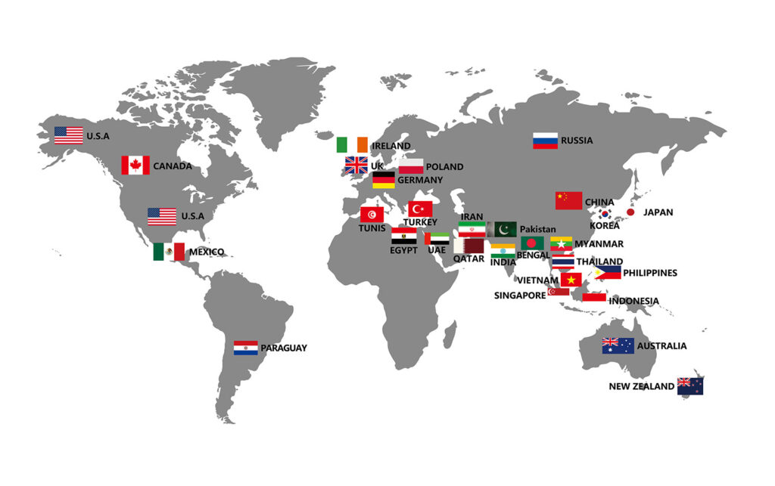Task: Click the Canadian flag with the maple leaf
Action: (135, 165)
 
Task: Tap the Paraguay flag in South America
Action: (246, 348)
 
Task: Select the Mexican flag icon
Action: (169, 252)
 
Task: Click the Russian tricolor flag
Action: (545, 141)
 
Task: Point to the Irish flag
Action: (352, 144)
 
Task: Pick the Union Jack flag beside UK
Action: (356, 166)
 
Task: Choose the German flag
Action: (383, 180)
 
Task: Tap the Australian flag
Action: (618, 346)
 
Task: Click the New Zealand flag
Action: (689, 385)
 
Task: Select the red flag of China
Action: (568, 200)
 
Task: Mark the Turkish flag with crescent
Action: (420, 209)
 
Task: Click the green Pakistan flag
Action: (504, 229)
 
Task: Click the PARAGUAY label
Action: (284, 348)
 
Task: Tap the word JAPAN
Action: (658, 212)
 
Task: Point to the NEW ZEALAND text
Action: (641, 386)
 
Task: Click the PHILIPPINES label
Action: (649, 273)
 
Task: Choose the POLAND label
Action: (444, 167)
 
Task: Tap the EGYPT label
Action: (403, 250)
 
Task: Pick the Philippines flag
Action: (607, 272)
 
